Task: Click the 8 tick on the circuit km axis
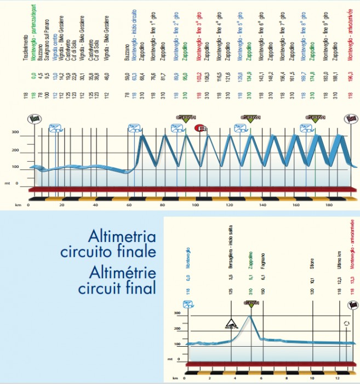pos(285,379)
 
